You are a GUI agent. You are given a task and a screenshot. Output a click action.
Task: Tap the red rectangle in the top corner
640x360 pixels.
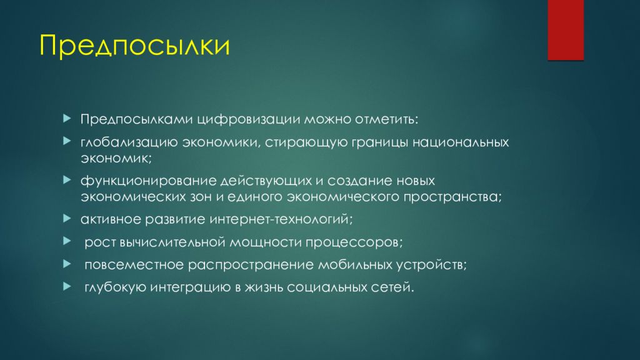(565, 29)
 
